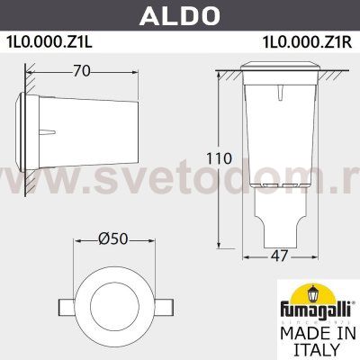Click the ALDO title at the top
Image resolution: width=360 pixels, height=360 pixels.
tap(179, 15)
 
